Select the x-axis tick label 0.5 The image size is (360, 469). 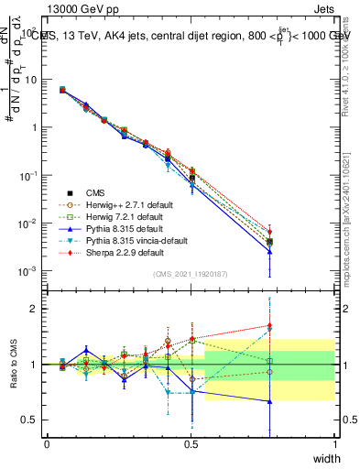point(191,443)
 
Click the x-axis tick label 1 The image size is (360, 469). point(334,443)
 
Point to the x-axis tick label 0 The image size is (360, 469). point(48,443)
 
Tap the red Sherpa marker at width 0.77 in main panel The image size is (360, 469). point(269,232)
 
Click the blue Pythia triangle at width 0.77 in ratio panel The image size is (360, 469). point(269,401)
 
